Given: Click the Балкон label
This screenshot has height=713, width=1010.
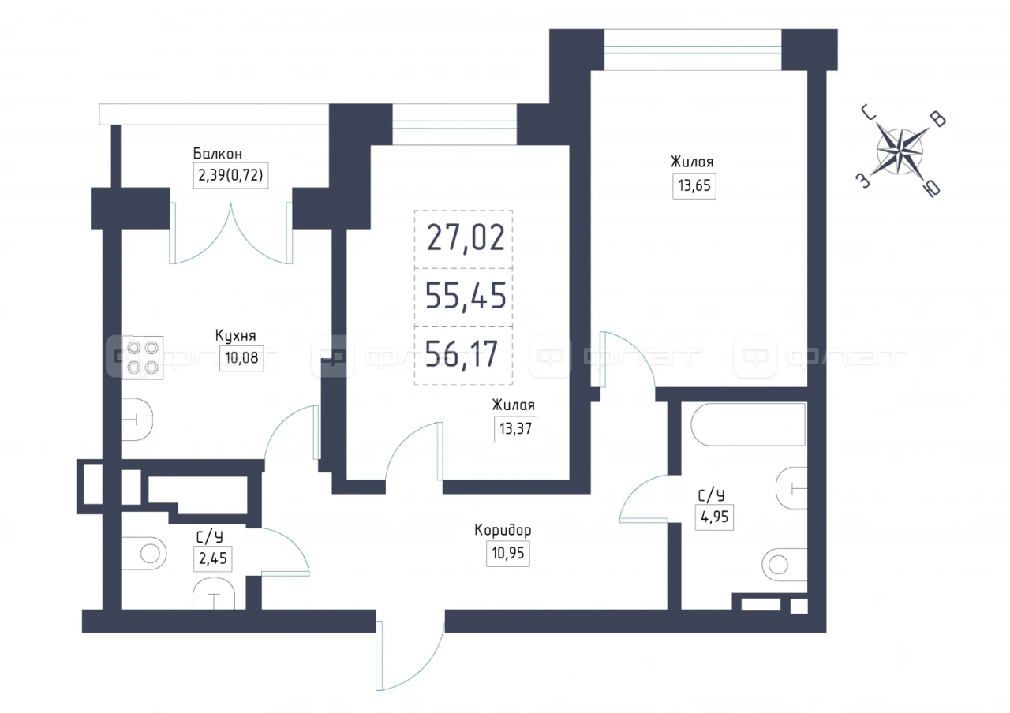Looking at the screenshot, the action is pyautogui.click(x=217, y=154).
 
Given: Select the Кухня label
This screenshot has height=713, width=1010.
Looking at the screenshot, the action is pyautogui.click(x=235, y=335).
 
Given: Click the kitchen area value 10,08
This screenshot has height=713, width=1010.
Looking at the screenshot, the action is pyautogui.click(x=241, y=358).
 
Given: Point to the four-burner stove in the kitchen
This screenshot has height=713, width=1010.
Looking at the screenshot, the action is pyautogui.click(x=143, y=357).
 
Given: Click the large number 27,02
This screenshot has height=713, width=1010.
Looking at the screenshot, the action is pyautogui.click(x=466, y=238).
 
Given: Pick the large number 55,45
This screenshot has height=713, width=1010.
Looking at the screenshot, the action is pyautogui.click(x=466, y=296).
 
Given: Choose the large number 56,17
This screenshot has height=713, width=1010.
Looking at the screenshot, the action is pyautogui.click(x=462, y=354).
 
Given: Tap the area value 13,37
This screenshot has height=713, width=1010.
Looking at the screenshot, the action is pyautogui.click(x=515, y=428).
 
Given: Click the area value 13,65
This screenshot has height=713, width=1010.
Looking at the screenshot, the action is pyautogui.click(x=694, y=185).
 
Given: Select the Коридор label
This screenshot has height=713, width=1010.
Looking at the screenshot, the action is pyautogui.click(x=503, y=530).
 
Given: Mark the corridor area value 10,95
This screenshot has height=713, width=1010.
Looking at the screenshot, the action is pyautogui.click(x=507, y=553).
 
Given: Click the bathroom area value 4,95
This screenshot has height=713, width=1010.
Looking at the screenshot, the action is pyautogui.click(x=714, y=517).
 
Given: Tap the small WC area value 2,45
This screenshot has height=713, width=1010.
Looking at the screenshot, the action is pyautogui.click(x=213, y=558).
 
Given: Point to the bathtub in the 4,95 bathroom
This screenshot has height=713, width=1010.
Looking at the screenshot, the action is pyautogui.click(x=748, y=424).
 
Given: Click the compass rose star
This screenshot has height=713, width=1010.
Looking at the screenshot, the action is pyautogui.click(x=900, y=151).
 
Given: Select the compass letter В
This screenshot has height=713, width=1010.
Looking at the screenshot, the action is pyautogui.click(x=939, y=119).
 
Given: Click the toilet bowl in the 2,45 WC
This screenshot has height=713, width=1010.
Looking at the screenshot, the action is pyautogui.click(x=144, y=554).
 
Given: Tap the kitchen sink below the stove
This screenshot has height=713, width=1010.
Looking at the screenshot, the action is pyautogui.click(x=137, y=420).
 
